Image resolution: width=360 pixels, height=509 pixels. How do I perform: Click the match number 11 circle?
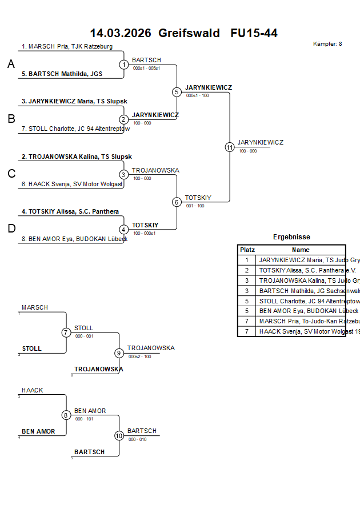tap(230, 147)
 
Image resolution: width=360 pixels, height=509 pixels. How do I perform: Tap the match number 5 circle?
tap(177, 92)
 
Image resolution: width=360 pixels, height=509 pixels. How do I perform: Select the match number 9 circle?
tap(119, 353)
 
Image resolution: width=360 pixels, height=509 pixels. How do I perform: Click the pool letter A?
tap(11, 65)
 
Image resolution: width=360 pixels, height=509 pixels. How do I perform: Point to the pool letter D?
tap(11, 229)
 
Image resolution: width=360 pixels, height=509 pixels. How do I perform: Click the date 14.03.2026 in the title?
tap(121, 33)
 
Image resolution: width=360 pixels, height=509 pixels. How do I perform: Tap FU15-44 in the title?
tap(254, 33)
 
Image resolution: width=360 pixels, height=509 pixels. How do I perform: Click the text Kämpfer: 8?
tap(327, 44)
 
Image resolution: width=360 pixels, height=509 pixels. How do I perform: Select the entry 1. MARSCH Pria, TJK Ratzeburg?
tap(67, 46)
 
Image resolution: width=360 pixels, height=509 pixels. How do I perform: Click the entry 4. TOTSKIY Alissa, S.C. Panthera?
tap(70, 211)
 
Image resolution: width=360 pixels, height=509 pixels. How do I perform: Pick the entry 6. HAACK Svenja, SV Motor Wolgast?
tap(72, 184)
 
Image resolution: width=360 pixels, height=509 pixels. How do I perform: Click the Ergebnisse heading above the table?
tap(291, 237)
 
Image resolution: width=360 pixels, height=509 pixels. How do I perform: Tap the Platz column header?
tap(247, 250)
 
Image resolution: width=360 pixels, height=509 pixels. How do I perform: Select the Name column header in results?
tap(301, 250)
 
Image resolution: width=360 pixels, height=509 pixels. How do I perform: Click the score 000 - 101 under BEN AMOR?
tap(84, 419)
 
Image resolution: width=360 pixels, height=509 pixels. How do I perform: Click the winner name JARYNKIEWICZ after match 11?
tap(260, 142)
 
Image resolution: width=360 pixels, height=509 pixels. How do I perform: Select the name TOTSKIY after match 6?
tap(198, 198)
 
